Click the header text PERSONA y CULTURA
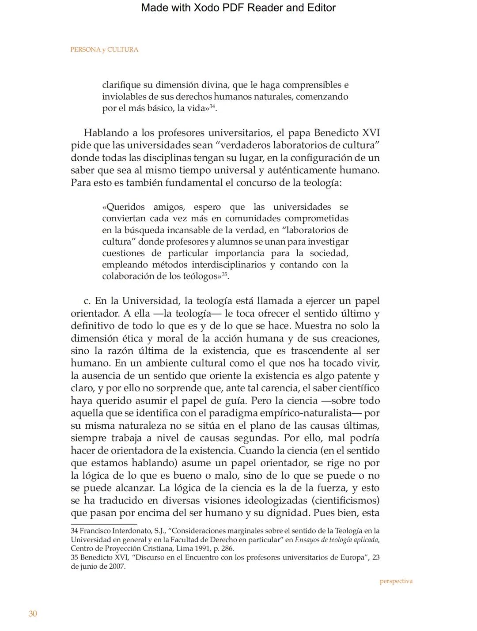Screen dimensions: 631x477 (104, 49)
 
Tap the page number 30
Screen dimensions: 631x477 (33, 614)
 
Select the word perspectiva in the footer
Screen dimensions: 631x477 (396, 581)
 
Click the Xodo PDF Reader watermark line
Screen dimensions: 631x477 (238, 8)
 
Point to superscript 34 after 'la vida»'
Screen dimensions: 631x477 (212, 106)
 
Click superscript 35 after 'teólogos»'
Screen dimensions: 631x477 (224, 274)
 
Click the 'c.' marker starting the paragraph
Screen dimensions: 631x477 (87, 301)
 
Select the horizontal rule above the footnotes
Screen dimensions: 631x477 (104, 524)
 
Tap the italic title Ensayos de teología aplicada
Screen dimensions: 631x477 (337, 540)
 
